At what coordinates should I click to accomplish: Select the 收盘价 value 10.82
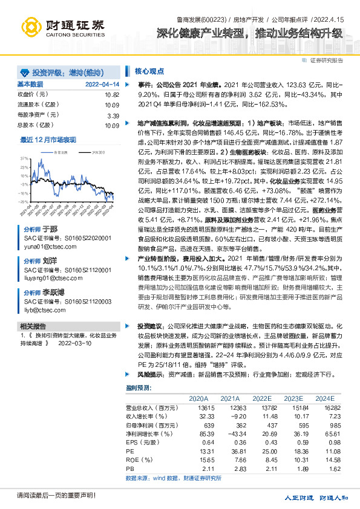coord(112,96)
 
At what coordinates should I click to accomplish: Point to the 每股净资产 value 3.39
coord(113,115)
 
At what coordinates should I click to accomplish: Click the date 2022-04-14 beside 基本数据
coord(102,85)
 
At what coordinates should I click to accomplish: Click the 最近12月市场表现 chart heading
coord(48,140)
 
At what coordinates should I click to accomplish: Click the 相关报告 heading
coord(30,325)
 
